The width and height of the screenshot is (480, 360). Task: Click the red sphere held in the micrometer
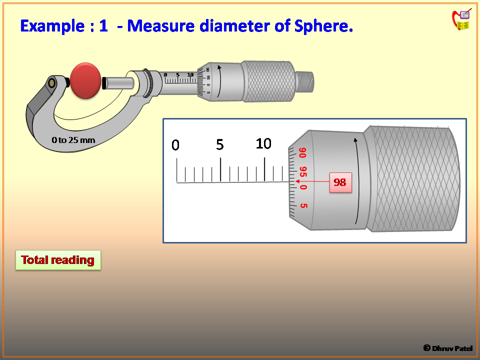[x=85, y=80]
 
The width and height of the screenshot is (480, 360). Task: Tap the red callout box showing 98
[x=340, y=182]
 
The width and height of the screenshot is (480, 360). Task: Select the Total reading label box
[x=58, y=260]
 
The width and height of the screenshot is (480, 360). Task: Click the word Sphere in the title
[x=325, y=26]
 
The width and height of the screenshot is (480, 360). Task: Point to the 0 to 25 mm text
[x=73, y=140]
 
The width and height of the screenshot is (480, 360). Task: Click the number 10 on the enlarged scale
[x=263, y=144]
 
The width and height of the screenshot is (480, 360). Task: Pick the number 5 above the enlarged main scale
[x=220, y=145]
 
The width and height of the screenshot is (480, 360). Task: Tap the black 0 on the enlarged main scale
[x=175, y=145]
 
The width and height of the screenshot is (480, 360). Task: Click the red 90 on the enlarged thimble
[x=302, y=152]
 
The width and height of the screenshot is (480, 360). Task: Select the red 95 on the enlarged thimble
[x=302, y=171]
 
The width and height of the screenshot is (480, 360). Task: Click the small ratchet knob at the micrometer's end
[x=304, y=81]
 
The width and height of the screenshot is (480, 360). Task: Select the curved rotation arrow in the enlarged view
[x=356, y=180]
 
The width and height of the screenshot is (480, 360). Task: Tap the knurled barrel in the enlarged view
[x=412, y=179]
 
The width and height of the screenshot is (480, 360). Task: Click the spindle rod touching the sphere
[x=118, y=81]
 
